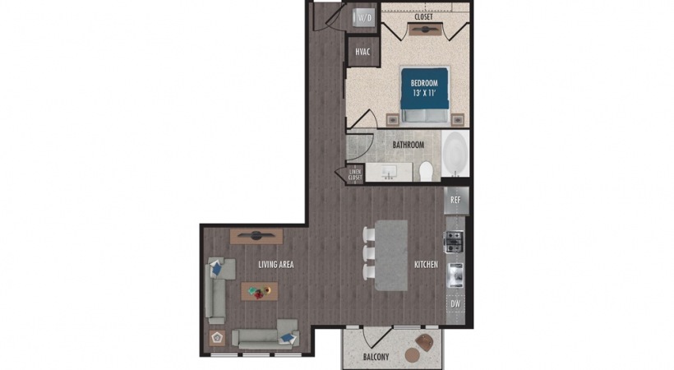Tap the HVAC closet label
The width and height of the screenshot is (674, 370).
362,52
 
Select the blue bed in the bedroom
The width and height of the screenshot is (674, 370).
425,95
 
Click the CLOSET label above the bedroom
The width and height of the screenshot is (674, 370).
423,16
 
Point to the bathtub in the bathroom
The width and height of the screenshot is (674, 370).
455,153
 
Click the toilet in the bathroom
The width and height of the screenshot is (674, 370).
426,171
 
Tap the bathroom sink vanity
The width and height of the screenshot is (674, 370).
389,172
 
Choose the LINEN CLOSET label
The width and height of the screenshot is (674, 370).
355,174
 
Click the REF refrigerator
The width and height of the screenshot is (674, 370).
455,200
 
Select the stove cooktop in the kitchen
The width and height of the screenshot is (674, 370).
454,242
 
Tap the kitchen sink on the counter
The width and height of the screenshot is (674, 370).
455,275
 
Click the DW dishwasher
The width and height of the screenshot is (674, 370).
455,303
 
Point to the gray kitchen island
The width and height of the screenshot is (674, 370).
391,255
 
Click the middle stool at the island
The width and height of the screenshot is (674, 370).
369,253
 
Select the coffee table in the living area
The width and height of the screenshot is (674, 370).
259,291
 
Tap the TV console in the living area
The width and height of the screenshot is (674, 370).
256,236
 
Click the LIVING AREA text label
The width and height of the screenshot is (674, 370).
276,264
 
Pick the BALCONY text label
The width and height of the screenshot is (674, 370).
376,357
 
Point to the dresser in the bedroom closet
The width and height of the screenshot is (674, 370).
425,30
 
